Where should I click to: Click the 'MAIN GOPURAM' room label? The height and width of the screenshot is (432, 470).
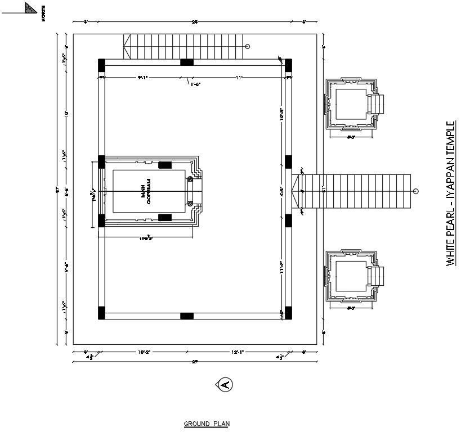coord(146,192)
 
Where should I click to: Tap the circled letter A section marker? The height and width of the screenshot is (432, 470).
coord(225,385)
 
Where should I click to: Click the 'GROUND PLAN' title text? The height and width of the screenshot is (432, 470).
coord(207,424)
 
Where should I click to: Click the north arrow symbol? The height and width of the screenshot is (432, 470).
coord(32,8)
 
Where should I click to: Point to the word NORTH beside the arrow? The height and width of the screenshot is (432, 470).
coord(43,12)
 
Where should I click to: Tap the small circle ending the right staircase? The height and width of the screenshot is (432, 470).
coord(415,192)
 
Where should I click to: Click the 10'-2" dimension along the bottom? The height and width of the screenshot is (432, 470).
coord(144,352)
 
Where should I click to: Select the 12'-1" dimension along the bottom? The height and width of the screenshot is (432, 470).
coord(236,352)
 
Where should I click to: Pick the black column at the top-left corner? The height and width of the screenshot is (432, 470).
coord(101,65)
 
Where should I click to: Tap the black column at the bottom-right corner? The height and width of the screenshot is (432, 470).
coord(288,313)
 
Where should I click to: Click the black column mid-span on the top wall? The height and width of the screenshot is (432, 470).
coord(187,62)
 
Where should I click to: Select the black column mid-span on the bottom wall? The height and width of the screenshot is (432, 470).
coord(187,316)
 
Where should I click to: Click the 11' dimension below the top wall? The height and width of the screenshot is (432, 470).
coord(239,77)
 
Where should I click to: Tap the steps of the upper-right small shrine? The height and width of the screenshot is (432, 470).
coord(376,104)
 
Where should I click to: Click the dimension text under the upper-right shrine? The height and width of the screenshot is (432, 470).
coord(352,137)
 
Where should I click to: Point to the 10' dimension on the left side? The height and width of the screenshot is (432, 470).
coord(66,114)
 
